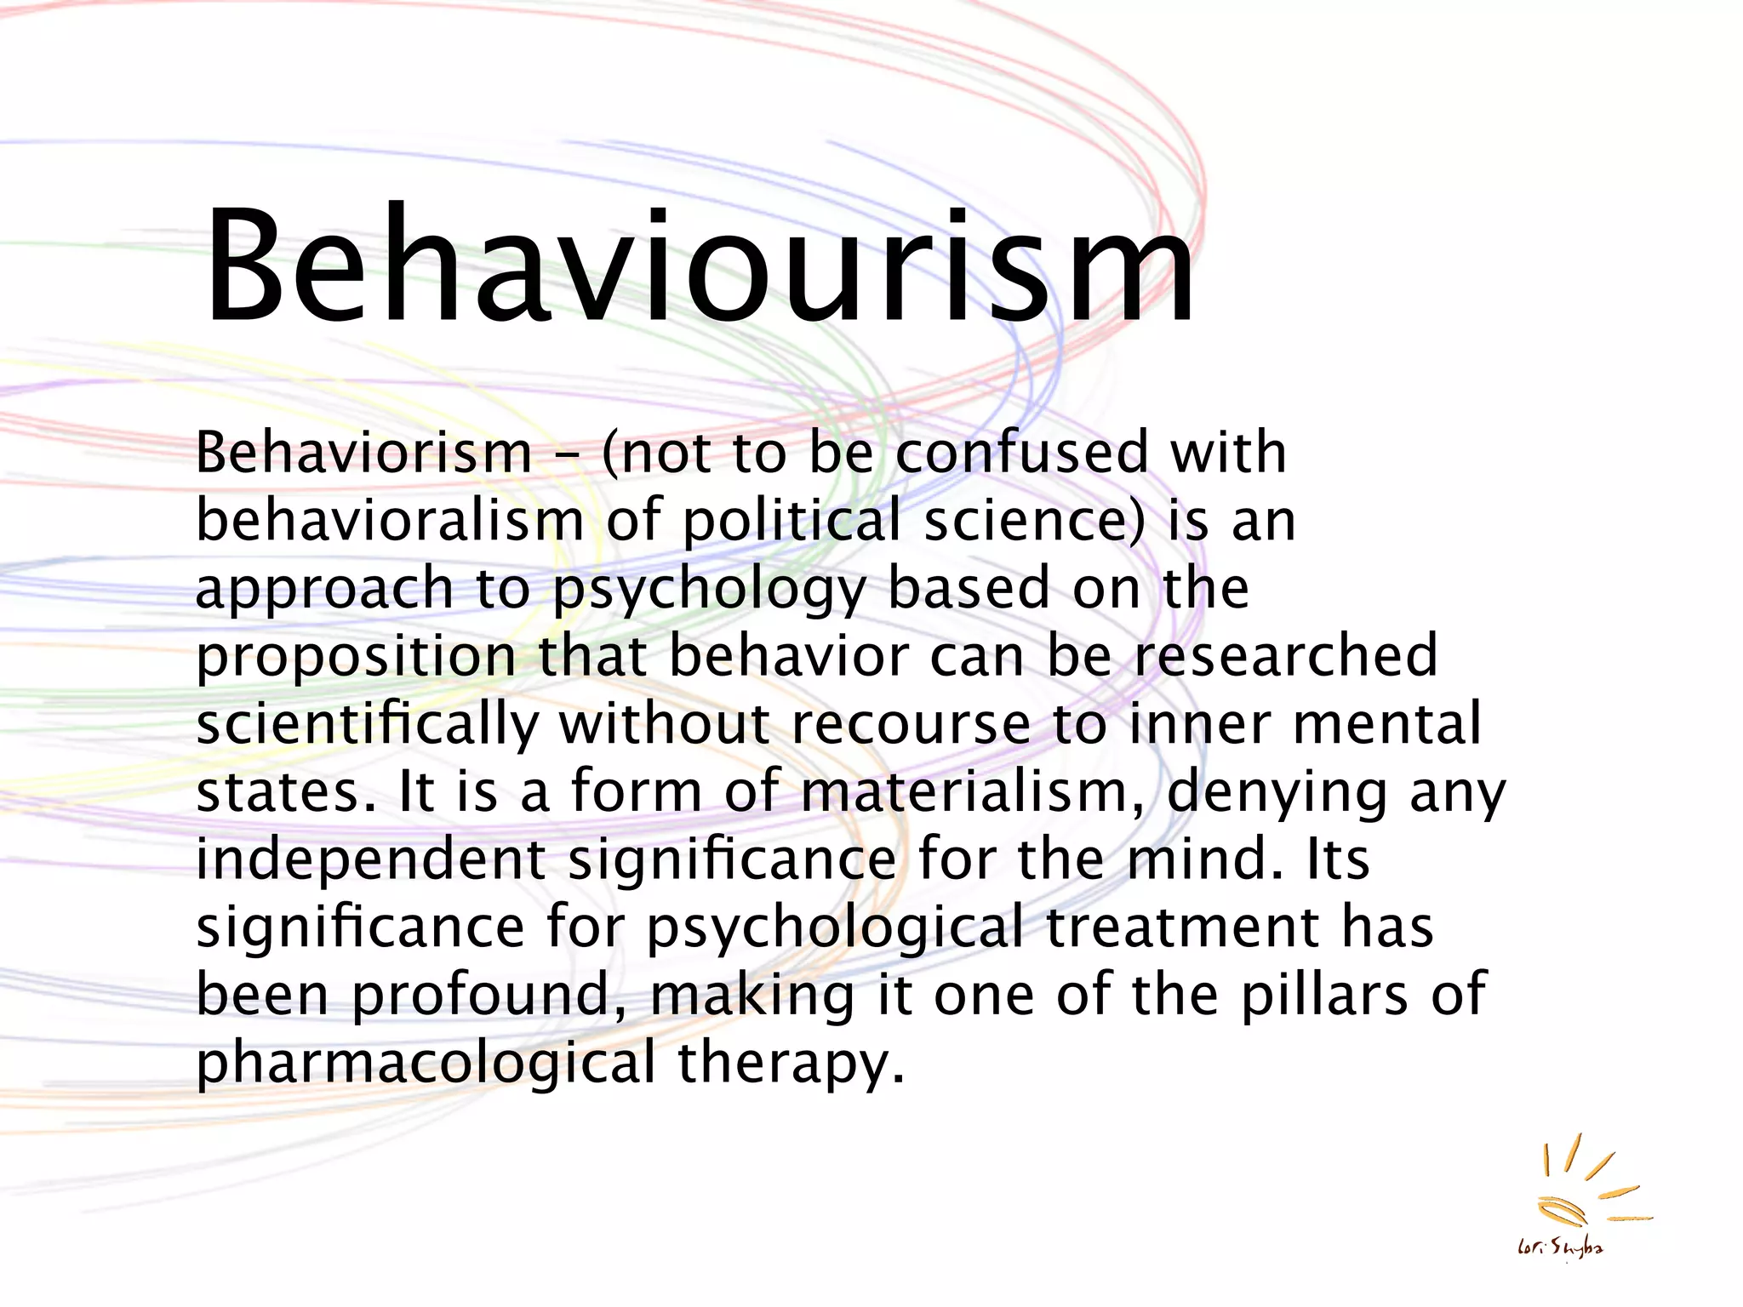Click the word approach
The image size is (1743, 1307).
324,589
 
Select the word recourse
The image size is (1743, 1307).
911,724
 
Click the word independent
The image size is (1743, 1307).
371,859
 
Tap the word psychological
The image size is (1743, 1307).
835,928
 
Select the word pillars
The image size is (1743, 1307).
1324,995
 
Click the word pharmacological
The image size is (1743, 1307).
426,1064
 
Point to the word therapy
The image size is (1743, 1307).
791,1064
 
